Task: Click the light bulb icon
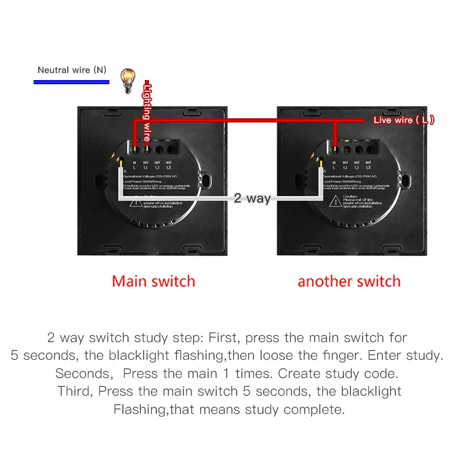pyautogui.click(x=128, y=79)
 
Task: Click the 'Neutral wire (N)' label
pyautogui.click(x=72, y=70)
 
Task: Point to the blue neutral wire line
pyautogui.click(x=71, y=82)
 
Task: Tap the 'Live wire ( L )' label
pyautogui.click(x=404, y=120)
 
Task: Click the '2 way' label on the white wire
pyautogui.click(x=252, y=198)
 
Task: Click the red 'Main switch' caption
pyautogui.click(x=153, y=281)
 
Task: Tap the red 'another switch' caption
pyautogui.click(x=349, y=281)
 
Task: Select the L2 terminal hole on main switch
pyautogui.click(x=158, y=149)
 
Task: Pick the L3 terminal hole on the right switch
pyautogui.click(x=369, y=149)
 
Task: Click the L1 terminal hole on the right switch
pyautogui.click(x=346, y=149)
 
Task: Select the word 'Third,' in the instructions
pyautogui.click(x=75, y=391)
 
